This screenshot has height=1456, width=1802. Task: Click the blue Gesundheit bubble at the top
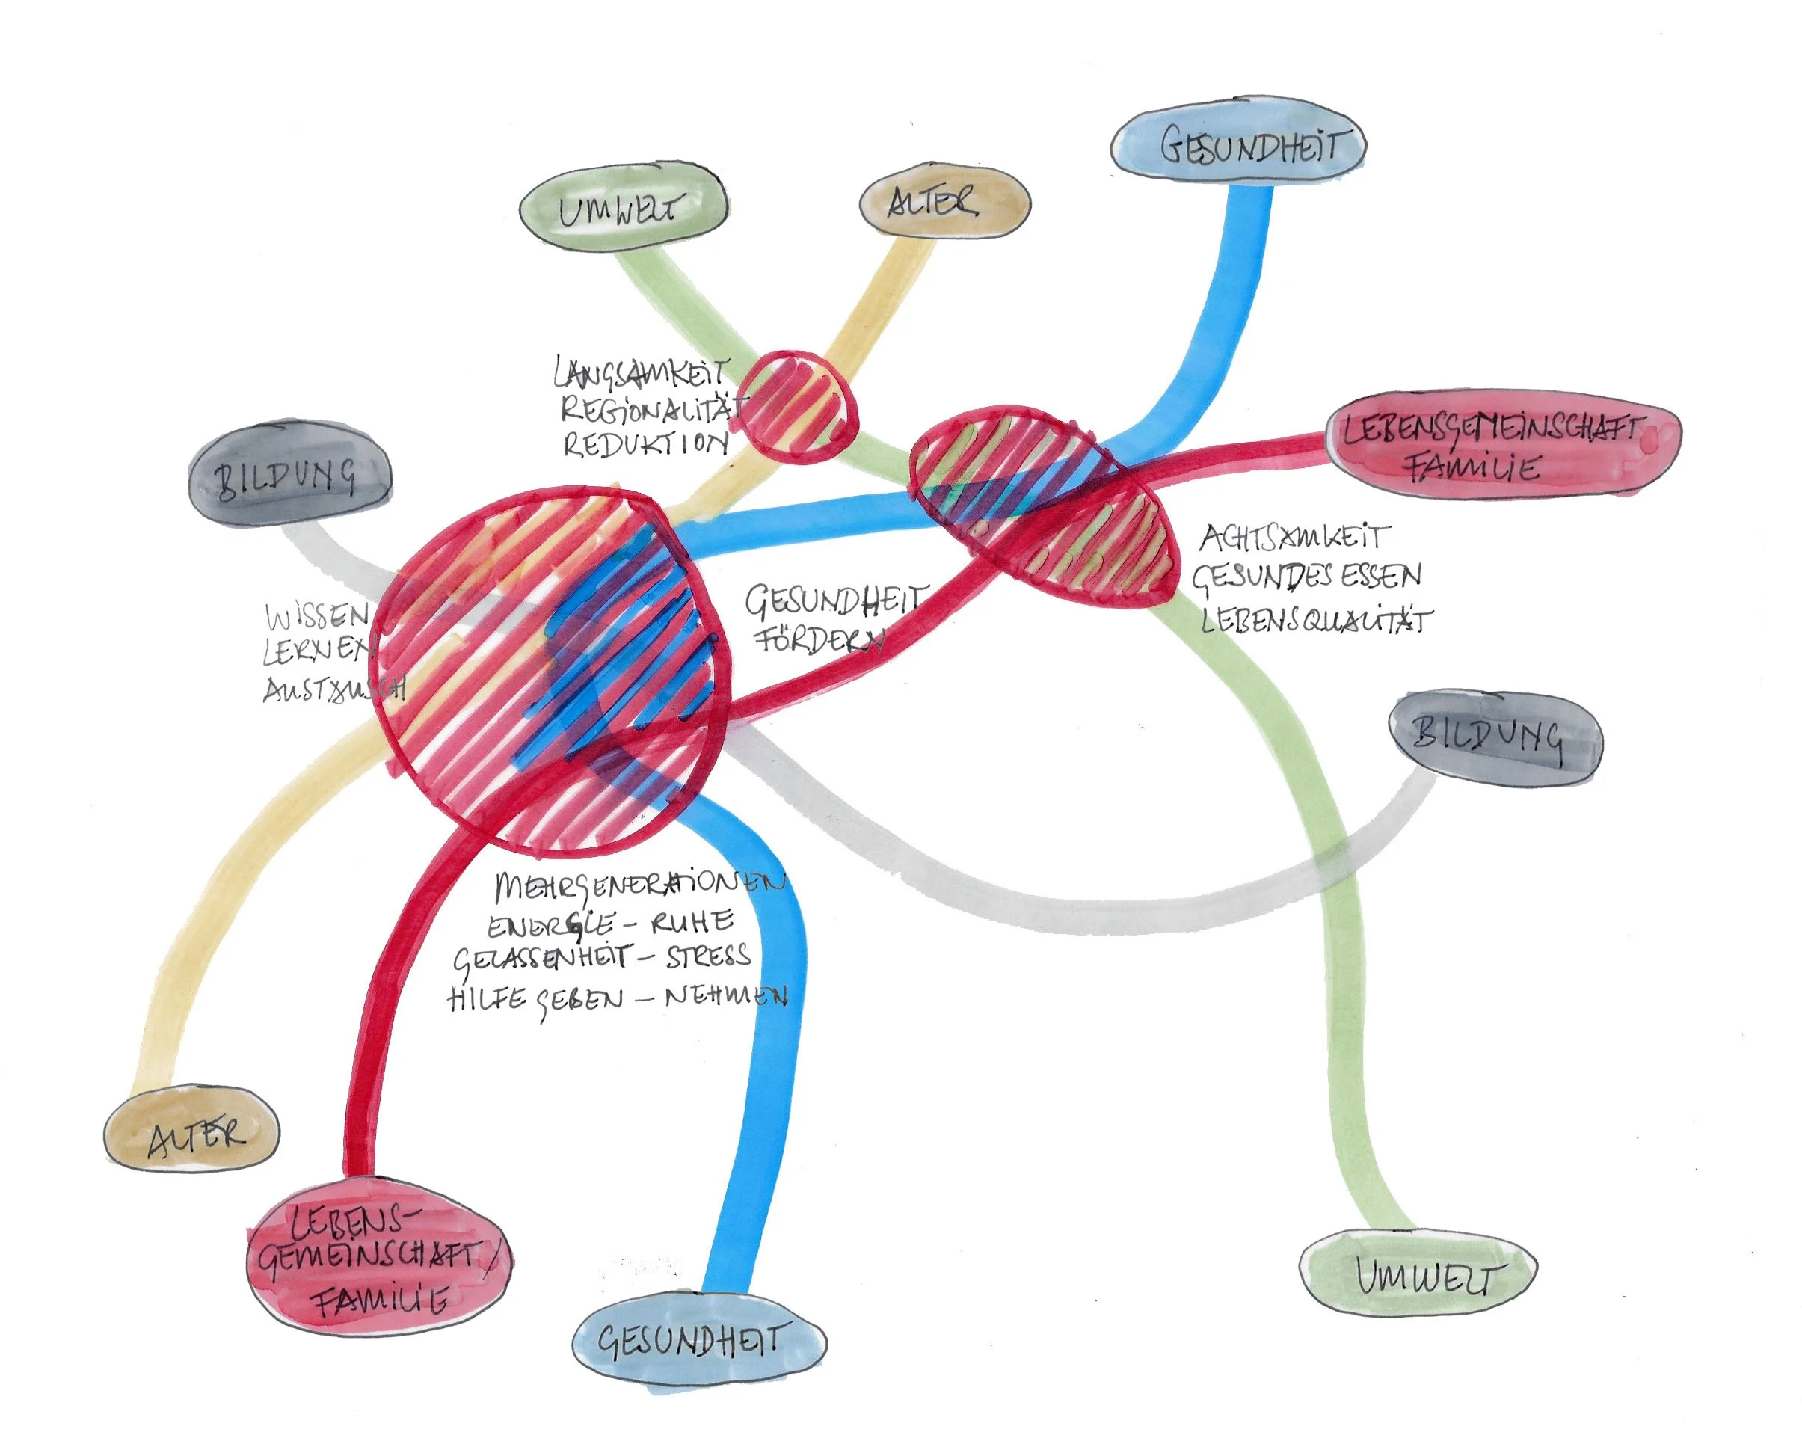tap(1237, 146)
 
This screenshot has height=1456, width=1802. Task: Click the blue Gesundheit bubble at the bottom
tap(698, 1340)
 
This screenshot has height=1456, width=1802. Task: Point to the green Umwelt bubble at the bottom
tap(1417, 1276)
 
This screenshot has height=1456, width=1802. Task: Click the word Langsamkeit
tap(642, 374)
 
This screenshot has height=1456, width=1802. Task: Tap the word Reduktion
tap(646, 443)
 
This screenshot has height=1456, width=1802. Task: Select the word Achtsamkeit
tap(1295, 538)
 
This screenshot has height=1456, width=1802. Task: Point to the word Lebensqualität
tap(1317, 621)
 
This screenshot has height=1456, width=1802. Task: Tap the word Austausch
tap(333, 689)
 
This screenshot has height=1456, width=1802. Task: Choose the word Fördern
tap(819, 641)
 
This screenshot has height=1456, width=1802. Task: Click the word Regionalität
tap(651, 409)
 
